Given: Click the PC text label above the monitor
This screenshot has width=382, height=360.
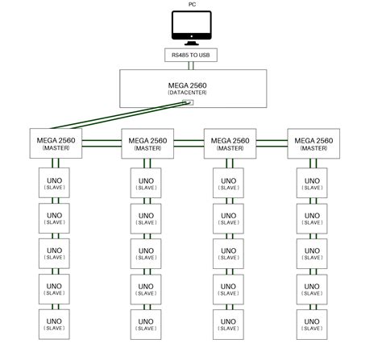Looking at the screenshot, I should (x=190, y=4).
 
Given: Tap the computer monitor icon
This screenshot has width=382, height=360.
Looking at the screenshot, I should (x=190, y=27).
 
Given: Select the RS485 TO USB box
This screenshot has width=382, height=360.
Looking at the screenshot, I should (x=190, y=56).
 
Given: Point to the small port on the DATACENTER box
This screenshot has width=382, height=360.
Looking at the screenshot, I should (x=188, y=102).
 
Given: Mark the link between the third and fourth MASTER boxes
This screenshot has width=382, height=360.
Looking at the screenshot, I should (x=272, y=141).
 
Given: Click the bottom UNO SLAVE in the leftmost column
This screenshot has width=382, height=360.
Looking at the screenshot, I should (x=55, y=324).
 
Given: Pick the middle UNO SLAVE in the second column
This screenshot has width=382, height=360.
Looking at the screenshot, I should (x=147, y=254).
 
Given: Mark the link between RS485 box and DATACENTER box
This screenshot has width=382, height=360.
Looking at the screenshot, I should (x=190, y=65).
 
